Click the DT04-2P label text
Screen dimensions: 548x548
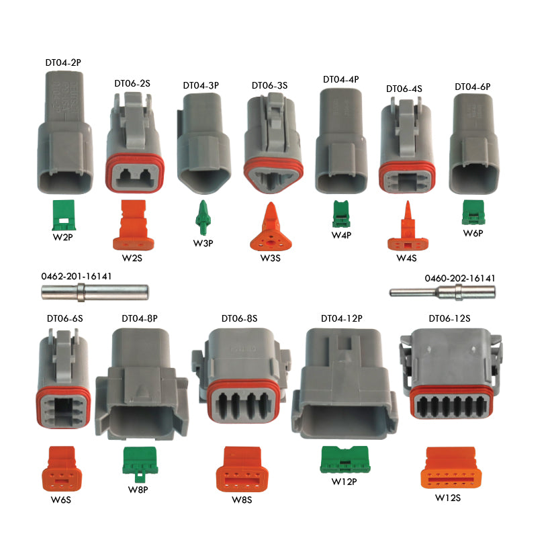click(63, 62)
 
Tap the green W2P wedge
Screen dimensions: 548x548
click(64, 215)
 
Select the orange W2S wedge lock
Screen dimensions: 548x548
click(134, 225)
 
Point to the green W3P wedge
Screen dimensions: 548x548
click(203, 218)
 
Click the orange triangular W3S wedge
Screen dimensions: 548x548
click(271, 226)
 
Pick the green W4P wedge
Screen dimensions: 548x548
click(340, 214)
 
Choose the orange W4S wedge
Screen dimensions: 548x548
click(408, 226)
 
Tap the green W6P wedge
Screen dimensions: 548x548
click(473, 212)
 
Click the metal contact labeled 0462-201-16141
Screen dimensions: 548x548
click(95, 292)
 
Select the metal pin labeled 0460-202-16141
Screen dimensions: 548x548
click(443, 292)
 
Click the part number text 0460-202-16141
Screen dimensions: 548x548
click(460, 278)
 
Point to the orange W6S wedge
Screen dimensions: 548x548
click(62, 469)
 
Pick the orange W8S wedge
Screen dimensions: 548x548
click(242, 469)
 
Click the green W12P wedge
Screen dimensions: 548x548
click(345, 459)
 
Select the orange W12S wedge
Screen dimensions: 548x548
click(451, 467)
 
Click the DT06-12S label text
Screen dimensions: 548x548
click(449, 318)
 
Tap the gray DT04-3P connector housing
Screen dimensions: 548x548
click(203, 143)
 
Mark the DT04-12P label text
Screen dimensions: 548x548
click(342, 318)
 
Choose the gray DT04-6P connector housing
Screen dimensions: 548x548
click(474, 144)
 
